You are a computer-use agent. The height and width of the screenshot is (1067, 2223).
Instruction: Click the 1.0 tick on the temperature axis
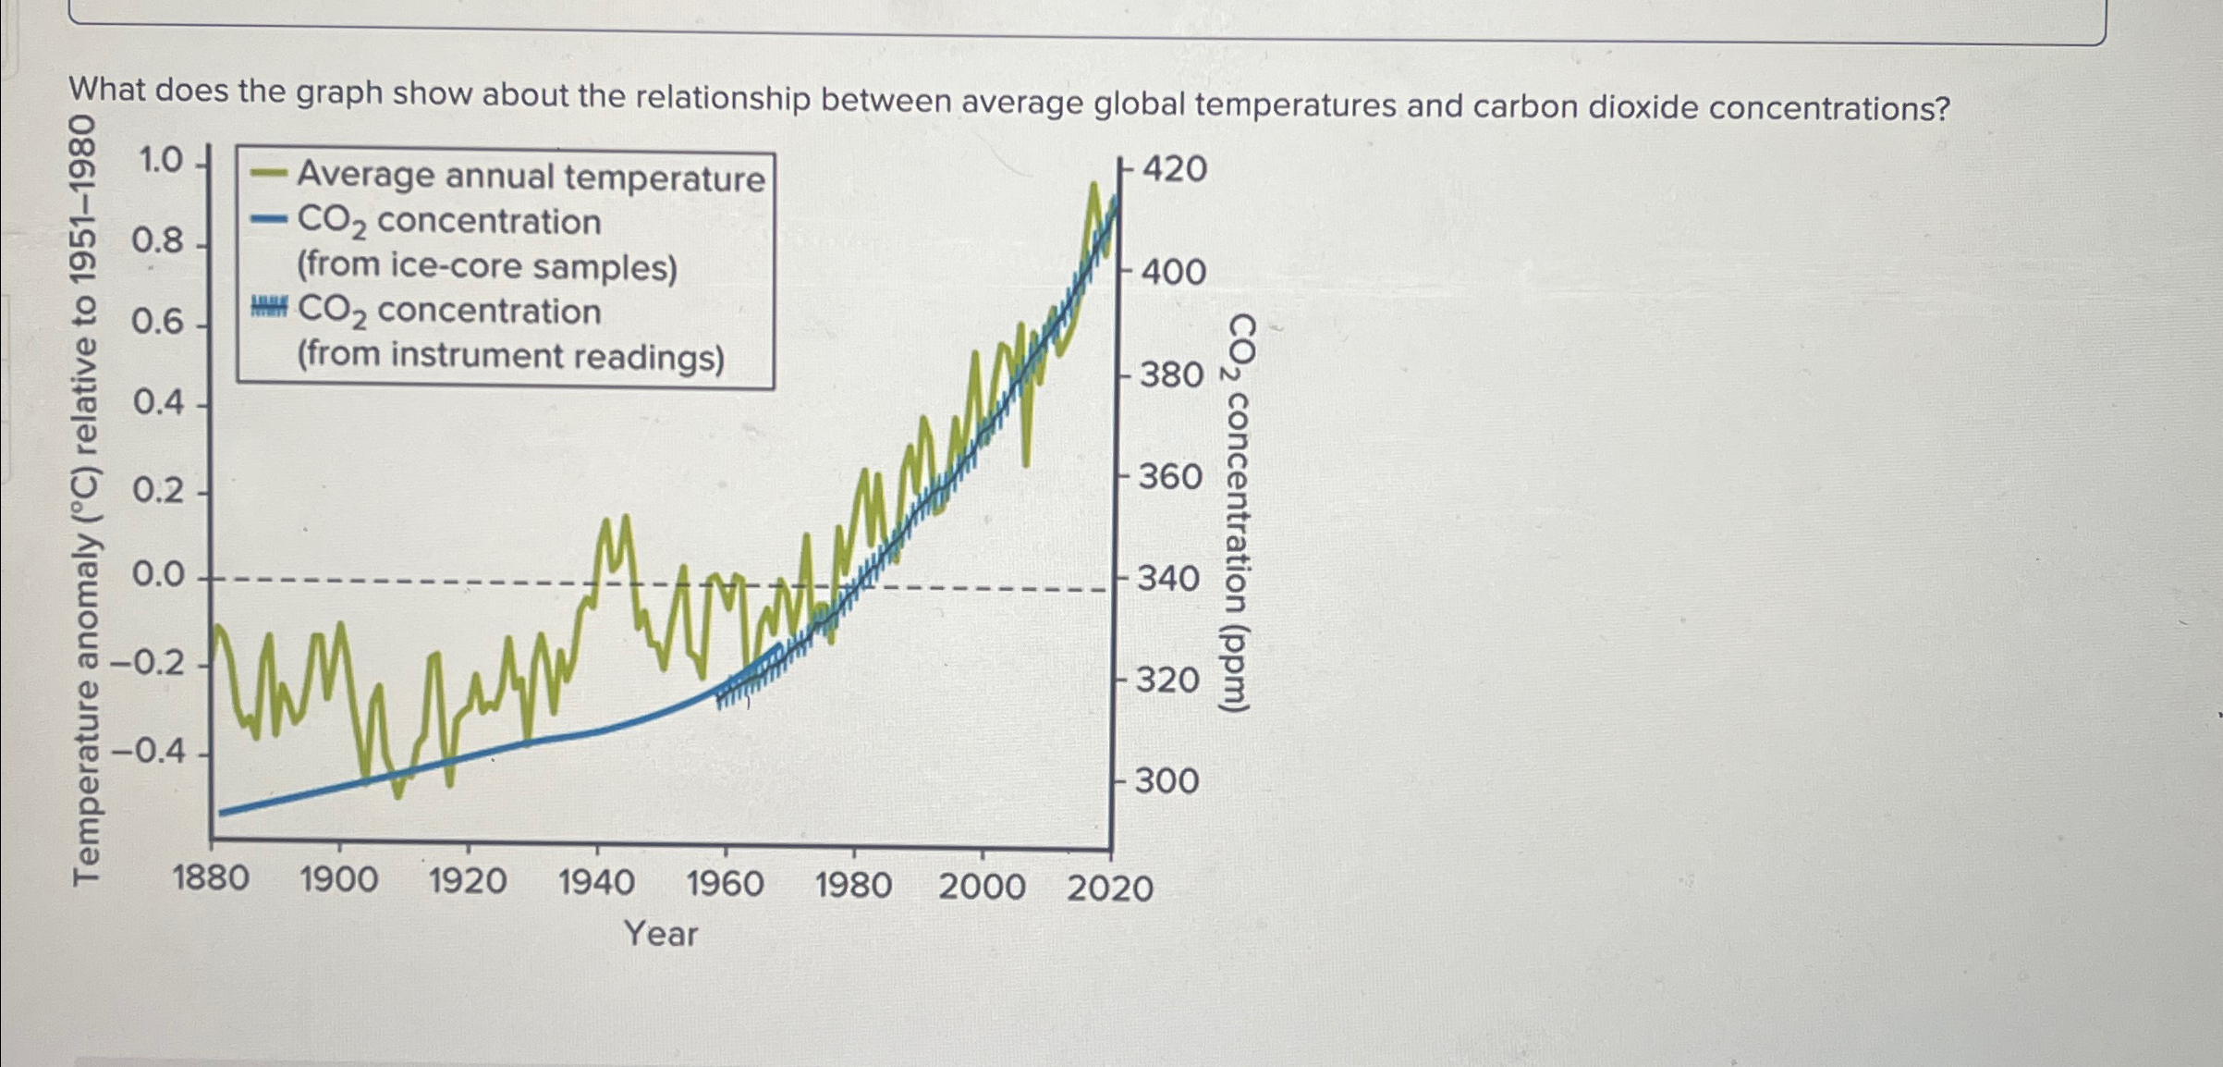[161, 161]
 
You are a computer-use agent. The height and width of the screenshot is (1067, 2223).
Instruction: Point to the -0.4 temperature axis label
[148, 750]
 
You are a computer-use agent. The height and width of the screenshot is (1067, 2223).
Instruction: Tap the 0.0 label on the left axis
[158, 575]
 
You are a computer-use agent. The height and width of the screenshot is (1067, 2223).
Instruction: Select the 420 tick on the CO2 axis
[1174, 169]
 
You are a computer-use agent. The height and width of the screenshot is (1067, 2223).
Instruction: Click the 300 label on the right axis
[1166, 781]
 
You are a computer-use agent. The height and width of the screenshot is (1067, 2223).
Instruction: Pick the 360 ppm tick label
[1169, 477]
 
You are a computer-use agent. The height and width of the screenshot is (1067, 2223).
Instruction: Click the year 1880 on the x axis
[211, 877]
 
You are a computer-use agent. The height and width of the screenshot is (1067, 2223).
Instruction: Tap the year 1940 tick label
[596, 883]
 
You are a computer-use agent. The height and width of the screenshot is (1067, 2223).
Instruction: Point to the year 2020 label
[1110, 889]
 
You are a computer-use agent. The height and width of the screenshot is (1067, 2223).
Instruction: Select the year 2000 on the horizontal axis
[982, 887]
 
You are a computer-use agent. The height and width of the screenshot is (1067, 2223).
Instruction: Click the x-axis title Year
[661, 933]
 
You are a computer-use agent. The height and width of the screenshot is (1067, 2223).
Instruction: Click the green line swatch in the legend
[269, 173]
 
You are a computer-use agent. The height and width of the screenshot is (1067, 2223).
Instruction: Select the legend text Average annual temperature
[531, 177]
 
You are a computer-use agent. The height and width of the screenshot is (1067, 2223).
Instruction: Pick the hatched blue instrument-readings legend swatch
[269, 307]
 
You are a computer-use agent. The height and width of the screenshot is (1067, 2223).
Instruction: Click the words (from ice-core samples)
[487, 266]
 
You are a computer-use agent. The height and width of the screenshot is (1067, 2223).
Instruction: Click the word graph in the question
[338, 93]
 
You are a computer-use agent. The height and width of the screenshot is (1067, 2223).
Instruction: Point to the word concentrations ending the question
[1828, 109]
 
